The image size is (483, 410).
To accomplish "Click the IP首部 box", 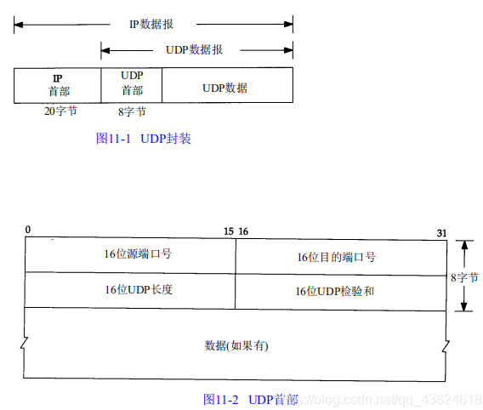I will tap(57, 85).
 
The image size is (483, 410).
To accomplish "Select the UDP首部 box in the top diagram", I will tap(132, 85).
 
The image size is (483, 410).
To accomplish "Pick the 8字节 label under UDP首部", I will tap(131, 111).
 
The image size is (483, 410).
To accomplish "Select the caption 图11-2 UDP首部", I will tap(251, 399).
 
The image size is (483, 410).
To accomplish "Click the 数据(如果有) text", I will tap(237, 345).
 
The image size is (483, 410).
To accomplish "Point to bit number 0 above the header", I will tap(28, 230).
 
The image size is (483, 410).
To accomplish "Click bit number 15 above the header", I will tap(228, 231).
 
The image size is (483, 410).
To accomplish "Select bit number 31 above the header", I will tap(440, 232).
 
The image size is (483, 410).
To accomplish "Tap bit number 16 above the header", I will tap(243, 231).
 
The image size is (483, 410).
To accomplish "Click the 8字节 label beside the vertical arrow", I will tap(465, 277).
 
